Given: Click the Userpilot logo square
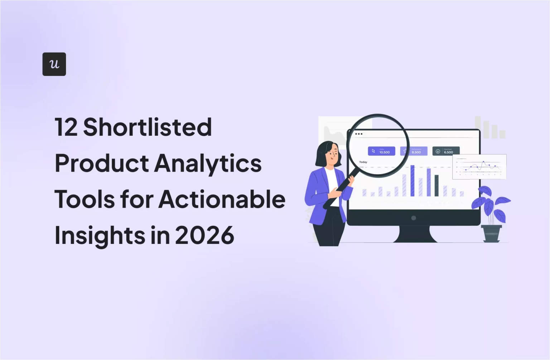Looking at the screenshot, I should pyautogui.click(x=54, y=64).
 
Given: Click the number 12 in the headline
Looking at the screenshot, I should pyautogui.click(x=66, y=127).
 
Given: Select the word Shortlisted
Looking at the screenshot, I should pyautogui.click(x=147, y=127).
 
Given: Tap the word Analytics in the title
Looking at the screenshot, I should pyautogui.click(x=208, y=163).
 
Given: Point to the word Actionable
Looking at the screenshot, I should pyautogui.click(x=222, y=200).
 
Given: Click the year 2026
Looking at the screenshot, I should pyautogui.click(x=204, y=235).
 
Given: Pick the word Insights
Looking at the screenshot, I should pyautogui.click(x=100, y=235).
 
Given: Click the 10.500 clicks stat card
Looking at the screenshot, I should pyautogui.click(x=381, y=151).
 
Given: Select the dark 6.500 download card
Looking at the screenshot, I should pyautogui.click(x=446, y=151).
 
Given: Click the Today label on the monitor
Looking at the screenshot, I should pyautogui.click(x=363, y=162).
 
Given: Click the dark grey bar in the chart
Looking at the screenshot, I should pyautogui.click(x=436, y=186).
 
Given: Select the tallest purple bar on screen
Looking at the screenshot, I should pyautogui.click(x=412, y=181).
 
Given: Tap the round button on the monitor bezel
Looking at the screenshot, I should pyautogui.click(x=414, y=218).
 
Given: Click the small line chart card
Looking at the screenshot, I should pyautogui.click(x=479, y=167).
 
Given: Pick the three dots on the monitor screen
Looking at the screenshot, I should pyautogui.click(x=359, y=134).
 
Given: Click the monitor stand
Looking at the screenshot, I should pyautogui.click(x=417, y=234).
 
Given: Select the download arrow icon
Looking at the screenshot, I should pyautogui.click(x=438, y=152).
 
